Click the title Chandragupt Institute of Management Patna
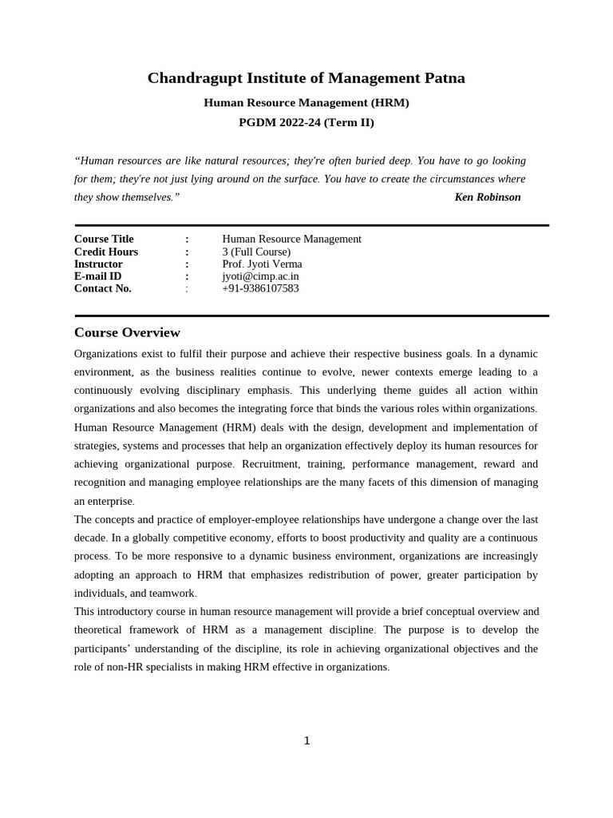point(306,78)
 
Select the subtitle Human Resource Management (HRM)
point(306,103)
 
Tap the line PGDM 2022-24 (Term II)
point(306,123)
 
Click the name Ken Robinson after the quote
point(487,197)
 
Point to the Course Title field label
point(104,239)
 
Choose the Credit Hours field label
point(106,252)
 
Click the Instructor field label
point(98,264)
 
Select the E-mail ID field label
point(97,276)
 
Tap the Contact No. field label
point(102,288)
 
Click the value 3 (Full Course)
point(256,252)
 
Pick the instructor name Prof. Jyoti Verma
point(262,264)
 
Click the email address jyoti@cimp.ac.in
point(260,276)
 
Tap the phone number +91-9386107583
point(260,288)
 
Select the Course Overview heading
point(127,332)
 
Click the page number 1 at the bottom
point(306,741)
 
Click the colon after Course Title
point(187,239)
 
